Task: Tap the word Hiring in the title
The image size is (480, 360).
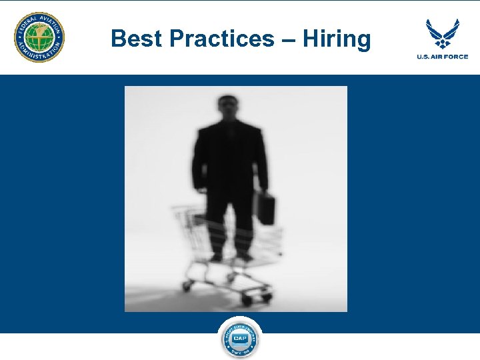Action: click(x=336, y=39)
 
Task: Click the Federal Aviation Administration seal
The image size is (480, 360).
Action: click(x=40, y=37)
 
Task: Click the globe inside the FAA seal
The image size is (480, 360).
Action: click(x=40, y=37)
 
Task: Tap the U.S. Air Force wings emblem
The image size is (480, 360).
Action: click(x=443, y=33)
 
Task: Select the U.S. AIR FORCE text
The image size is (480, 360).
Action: click(x=443, y=57)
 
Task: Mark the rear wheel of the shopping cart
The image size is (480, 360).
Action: click(x=187, y=285)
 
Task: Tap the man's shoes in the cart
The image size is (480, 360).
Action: click(x=230, y=257)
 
